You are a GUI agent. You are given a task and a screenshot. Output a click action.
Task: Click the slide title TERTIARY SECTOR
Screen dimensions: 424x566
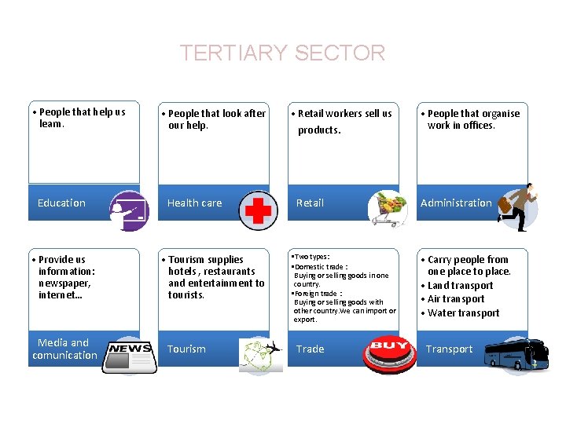pyautogui.click(x=282, y=53)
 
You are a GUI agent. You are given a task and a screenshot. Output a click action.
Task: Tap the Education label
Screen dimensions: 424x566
pyautogui.click(x=61, y=203)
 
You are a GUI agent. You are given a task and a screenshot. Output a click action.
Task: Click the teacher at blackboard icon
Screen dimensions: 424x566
pyautogui.click(x=128, y=210)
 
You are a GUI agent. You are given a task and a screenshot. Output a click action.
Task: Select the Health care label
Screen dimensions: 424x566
pyautogui.click(x=194, y=203)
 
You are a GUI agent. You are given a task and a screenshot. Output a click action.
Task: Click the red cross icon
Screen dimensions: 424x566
pyautogui.click(x=258, y=210)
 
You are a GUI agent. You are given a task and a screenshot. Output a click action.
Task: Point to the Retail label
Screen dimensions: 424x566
pyautogui.click(x=310, y=203)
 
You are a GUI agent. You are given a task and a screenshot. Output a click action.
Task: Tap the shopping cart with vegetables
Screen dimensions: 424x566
pyautogui.click(x=388, y=209)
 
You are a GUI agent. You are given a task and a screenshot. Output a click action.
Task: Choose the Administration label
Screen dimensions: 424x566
pyautogui.click(x=456, y=203)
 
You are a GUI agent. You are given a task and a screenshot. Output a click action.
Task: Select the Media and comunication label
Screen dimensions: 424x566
pyautogui.click(x=64, y=349)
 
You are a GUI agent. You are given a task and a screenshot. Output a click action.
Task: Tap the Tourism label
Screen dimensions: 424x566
pyautogui.click(x=186, y=349)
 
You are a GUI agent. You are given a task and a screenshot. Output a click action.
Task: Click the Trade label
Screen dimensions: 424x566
pyautogui.click(x=311, y=349)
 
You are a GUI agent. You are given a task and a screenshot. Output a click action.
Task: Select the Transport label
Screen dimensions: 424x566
pyautogui.click(x=450, y=349)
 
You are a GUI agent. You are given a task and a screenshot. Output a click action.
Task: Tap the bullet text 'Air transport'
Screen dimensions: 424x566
pyautogui.click(x=456, y=299)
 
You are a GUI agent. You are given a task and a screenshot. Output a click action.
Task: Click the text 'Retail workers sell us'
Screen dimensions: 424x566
pyautogui.click(x=344, y=114)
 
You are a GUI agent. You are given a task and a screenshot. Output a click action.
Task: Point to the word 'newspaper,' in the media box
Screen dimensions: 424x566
pyautogui.click(x=64, y=283)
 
